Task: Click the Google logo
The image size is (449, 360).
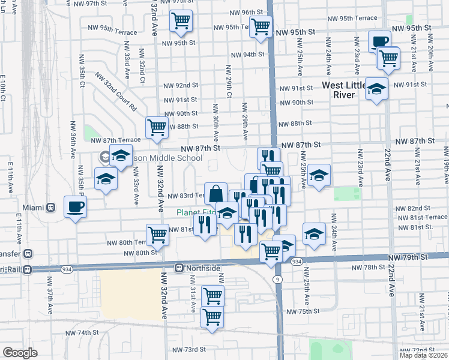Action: (20, 353)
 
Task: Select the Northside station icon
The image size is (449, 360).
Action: (179, 268)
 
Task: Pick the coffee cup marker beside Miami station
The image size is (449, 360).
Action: (75, 207)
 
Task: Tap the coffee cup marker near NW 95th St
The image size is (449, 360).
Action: (379, 42)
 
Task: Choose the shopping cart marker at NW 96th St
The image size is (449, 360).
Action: (181, 21)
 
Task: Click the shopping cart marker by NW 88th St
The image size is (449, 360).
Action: (157, 127)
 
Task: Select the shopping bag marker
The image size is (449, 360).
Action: (215, 194)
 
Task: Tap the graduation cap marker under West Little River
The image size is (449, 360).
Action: (376, 89)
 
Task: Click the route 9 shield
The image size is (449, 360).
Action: (277, 280)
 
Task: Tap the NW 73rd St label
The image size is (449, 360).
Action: (189, 349)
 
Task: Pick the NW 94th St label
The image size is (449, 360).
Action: (249, 55)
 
